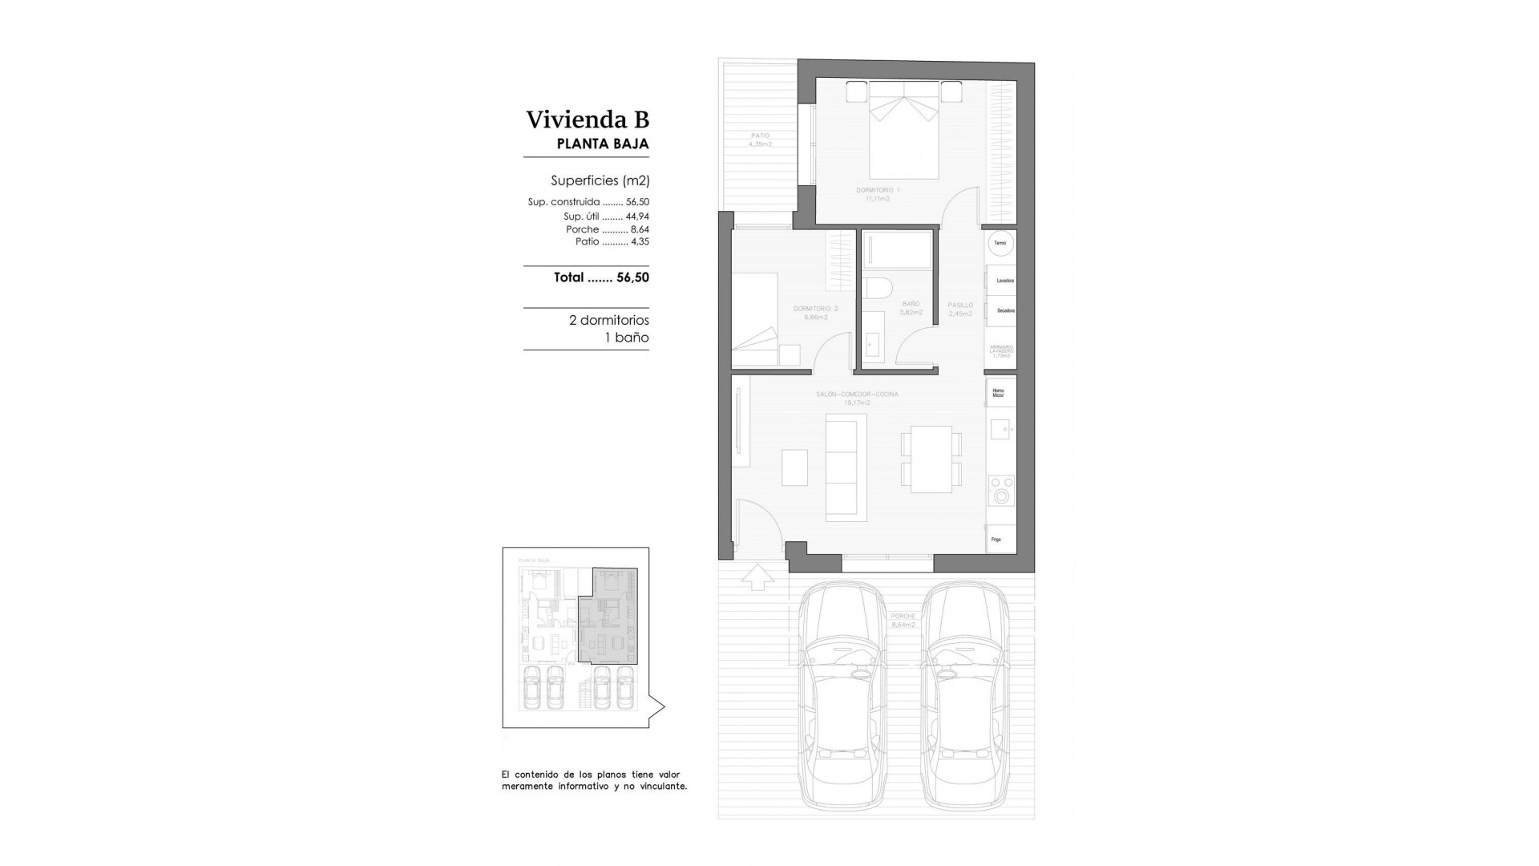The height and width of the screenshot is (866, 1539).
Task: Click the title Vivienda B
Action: pos(587,119)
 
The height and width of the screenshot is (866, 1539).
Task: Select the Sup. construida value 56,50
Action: pos(637,202)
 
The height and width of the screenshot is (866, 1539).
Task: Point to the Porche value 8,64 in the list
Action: pos(640,229)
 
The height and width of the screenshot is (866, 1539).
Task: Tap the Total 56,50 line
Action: pos(601,277)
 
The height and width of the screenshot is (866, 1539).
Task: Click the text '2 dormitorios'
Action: pos(608,320)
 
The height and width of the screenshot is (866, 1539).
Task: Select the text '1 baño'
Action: pos(626,338)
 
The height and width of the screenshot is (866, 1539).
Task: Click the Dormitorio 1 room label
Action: pos(878,190)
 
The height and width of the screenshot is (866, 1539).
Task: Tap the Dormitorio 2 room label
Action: pos(815,309)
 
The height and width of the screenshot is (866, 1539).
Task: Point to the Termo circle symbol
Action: pos(1000,243)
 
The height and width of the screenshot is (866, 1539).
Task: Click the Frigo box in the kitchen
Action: pos(1001,540)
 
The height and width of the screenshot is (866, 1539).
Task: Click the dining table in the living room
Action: pos(931,459)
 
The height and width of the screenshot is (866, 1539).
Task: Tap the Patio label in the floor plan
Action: pos(760,136)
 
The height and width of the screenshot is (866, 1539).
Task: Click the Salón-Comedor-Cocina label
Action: pos(857,395)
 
